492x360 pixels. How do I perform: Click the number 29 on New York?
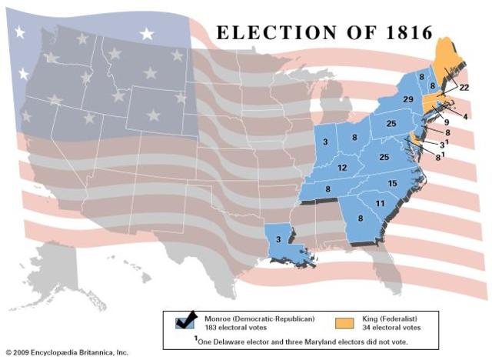pyautogui.click(x=408, y=100)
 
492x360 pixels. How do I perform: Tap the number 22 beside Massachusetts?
pyautogui.click(x=464, y=88)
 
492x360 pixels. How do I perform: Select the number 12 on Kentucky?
pyautogui.click(x=342, y=168)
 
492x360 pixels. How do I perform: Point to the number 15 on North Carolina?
pyautogui.click(x=392, y=182)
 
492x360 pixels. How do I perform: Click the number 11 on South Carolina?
pyautogui.click(x=379, y=203)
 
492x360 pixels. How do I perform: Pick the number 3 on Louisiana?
pyautogui.click(x=278, y=239)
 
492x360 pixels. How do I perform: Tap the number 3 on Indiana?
pyautogui.click(x=325, y=142)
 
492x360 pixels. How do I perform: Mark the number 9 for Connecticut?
pyautogui.click(x=447, y=122)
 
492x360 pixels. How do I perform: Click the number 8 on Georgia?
pyautogui.click(x=361, y=218)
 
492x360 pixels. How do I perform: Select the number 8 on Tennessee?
pyautogui.click(x=328, y=188)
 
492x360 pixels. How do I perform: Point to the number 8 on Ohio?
pyautogui.click(x=354, y=138)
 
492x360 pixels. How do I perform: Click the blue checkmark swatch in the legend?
pyautogui.click(x=184, y=320)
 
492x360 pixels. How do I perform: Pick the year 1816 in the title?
pyautogui.click(x=399, y=33)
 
